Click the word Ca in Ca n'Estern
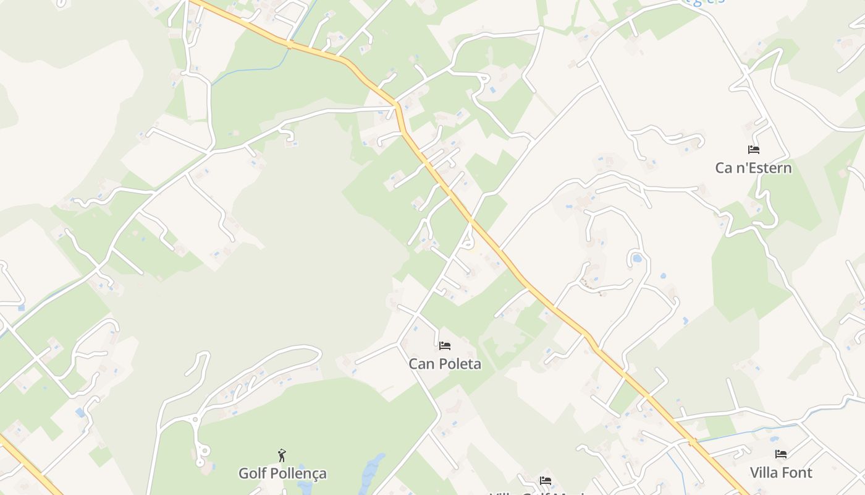(x=724, y=168)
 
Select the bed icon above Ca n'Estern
(x=753, y=150)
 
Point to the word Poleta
(x=458, y=364)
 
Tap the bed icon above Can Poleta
(x=445, y=345)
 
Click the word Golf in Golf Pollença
(x=253, y=473)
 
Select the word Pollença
(x=298, y=474)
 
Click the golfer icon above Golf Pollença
(x=282, y=456)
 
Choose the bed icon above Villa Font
(x=781, y=454)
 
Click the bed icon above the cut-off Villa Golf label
(x=546, y=480)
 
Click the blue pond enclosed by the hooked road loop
(x=636, y=258)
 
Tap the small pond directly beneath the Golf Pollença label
(x=305, y=488)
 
